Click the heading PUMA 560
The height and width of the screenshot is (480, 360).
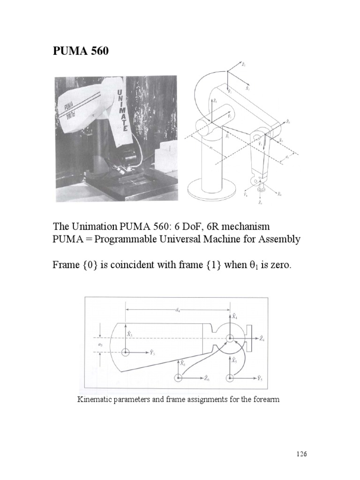pyautogui.click(x=81, y=51)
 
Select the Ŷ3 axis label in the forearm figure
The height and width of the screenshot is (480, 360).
pyautogui.click(x=152, y=352)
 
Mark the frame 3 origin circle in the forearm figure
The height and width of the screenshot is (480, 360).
pyautogui.click(x=125, y=352)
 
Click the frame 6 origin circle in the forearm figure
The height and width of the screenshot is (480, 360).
pyautogui.click(x=178, y=377)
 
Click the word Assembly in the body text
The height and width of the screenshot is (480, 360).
pyautogui.click(x=279, y=239)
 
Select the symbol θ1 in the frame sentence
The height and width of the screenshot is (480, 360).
pyautogui.click(x=252, y=265)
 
